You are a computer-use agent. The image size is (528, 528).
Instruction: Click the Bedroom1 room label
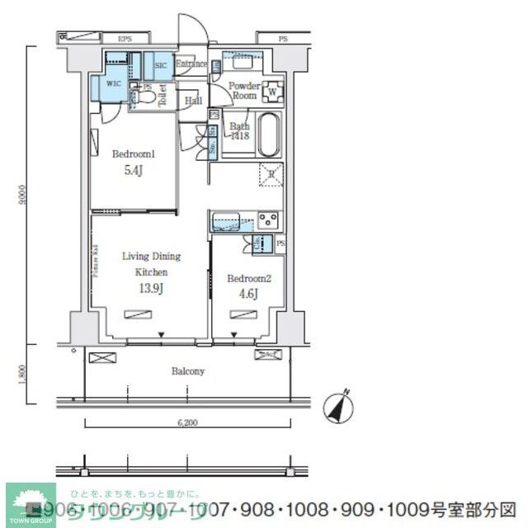pyautogui.click(x=134, y=153)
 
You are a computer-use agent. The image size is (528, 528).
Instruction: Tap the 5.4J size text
pyautogui.click(x=134, y=172)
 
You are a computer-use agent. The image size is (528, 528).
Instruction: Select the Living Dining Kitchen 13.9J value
pyautogui.click(x=152, y=288)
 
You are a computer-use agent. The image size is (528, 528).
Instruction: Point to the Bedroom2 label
pyautogui.click(x=248, y=278)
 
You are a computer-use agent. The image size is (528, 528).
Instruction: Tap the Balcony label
pyautogui.click(x=187, y=371)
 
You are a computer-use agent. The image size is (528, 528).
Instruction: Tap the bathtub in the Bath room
pyautogui.click(x=269, y=135)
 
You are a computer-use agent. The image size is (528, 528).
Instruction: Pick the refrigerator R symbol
pyautogui.click(x=271, y=174)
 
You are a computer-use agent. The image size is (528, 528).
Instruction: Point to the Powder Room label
pyautogui.click(x=244, y=91)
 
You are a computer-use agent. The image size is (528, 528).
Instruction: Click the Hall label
pyautogui.click(x=193, y=101)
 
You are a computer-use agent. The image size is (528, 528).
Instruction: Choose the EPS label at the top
pyautogui.click(x=125, y=39)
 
